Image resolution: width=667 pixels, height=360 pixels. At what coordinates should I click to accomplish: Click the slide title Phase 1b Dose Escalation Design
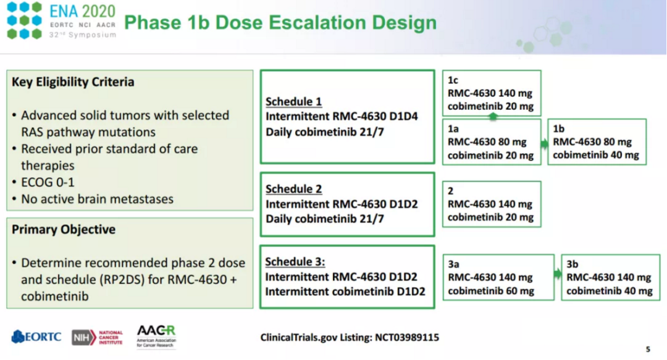point(280,22)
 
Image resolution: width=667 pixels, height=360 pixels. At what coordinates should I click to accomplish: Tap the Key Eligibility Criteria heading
point(73,82)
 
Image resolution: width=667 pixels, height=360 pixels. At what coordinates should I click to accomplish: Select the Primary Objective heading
point(64,229)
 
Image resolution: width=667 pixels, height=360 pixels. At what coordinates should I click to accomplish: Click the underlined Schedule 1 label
point(293,102)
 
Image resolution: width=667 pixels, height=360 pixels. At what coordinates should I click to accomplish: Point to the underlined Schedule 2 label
point(293,189)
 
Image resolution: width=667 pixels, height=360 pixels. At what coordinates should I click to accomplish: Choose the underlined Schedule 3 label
point(295,262)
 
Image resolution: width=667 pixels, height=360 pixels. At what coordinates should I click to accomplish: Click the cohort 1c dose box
point(492,93)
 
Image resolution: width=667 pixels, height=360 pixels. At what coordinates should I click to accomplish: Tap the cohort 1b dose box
point(597,141)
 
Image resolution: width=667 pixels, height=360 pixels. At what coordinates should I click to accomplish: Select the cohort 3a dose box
point(498,277)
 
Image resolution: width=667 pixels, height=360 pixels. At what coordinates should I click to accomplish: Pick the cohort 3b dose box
point(611,277)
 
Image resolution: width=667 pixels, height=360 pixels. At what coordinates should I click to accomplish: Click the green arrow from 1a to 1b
point(545,144)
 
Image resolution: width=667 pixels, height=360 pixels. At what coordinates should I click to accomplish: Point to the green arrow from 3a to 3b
point(558,274)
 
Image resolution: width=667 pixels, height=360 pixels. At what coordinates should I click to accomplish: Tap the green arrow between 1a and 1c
point(493,117)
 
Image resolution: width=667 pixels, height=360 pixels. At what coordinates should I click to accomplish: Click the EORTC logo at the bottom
point(36,337)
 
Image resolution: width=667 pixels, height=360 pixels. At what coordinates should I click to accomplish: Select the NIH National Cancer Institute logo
point(97,337)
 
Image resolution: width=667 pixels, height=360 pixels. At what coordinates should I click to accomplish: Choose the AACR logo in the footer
point(156,337)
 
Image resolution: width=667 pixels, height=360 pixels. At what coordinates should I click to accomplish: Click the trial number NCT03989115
point(406,337)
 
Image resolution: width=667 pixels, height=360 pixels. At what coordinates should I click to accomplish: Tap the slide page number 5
point(648,349)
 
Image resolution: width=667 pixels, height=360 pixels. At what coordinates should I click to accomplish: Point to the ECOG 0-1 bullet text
point(48,182)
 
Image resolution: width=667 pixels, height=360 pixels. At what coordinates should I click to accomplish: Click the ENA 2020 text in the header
point(83,11)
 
